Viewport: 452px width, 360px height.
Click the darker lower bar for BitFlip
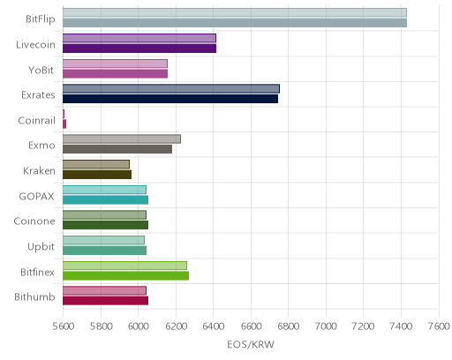coord(235,23)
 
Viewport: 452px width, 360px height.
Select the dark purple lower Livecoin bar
coord(139,49)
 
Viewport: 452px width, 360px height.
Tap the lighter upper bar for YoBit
coord(115,64)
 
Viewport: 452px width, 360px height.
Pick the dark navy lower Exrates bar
coord(170,99)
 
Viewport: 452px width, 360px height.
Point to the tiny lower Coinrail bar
coord(64,124)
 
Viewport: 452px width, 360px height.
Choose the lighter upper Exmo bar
coord(122,139)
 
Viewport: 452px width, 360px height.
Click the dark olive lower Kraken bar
coord(97,175)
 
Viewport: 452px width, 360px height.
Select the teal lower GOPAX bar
coord(105,199)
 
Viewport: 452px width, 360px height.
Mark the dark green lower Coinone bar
coord(105,225)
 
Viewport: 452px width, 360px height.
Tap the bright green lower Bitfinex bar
coord(125,275)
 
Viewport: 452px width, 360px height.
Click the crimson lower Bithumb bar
coord(105,301)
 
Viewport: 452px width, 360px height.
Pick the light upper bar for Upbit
coord(103,240)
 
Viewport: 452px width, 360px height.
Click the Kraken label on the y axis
coord(39,171)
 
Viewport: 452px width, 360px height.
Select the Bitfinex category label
coord(37,273)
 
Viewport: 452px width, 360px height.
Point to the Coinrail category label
coord(37,121)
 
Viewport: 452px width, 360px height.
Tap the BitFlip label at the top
coord(41,19)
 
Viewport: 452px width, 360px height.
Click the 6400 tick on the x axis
coord(214,326)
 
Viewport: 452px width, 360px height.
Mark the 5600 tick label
coord(64,326)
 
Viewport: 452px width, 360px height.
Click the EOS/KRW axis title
coord(251,344)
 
